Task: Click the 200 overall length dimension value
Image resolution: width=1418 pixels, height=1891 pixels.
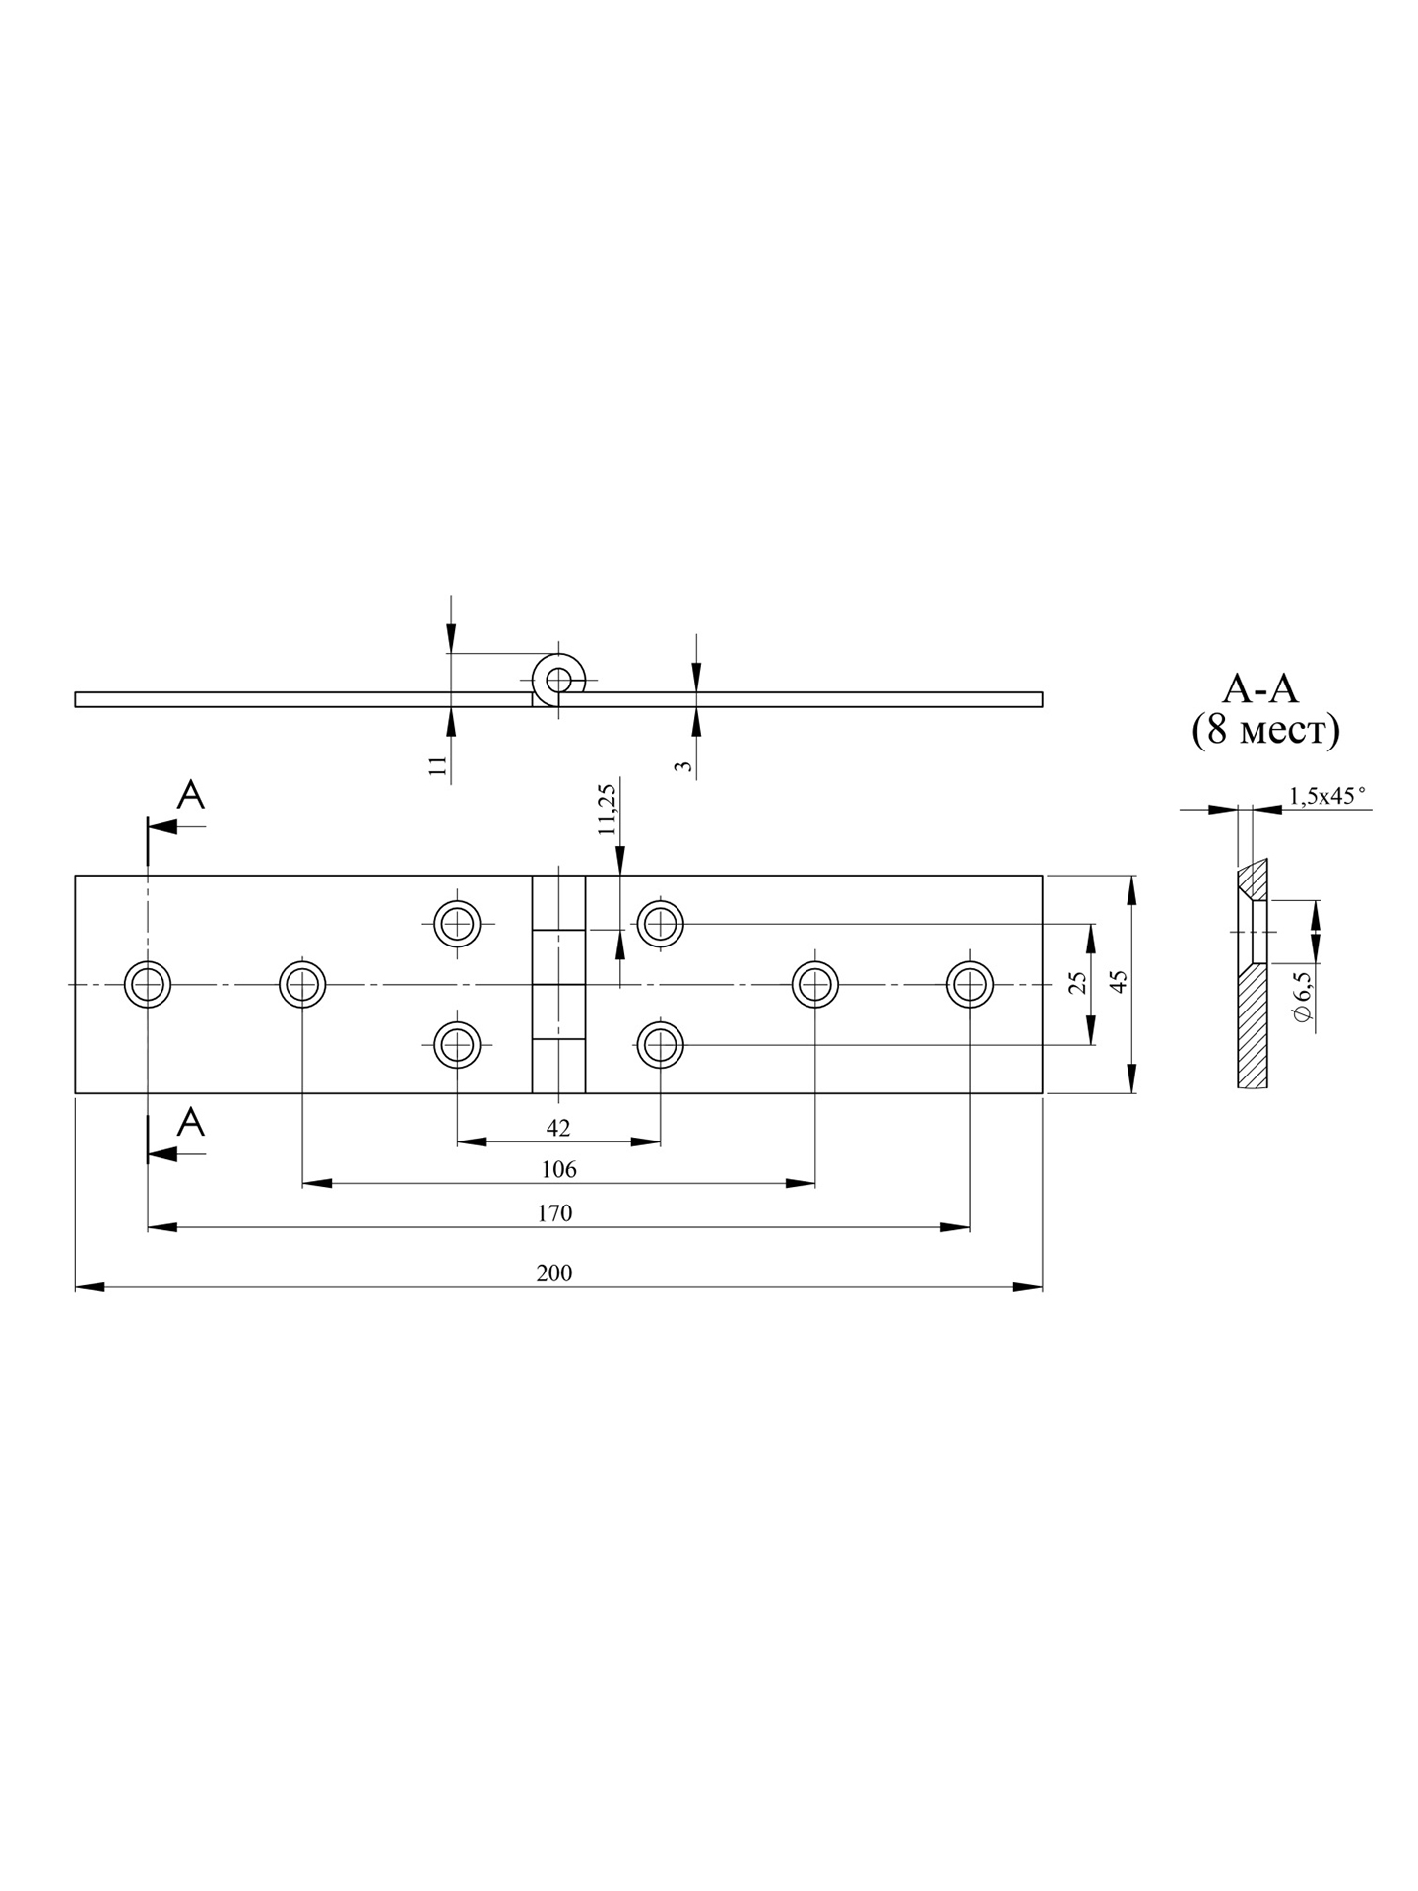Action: (x=554, y=1272)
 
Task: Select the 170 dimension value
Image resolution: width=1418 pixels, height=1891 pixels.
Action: (x=554, y=1212)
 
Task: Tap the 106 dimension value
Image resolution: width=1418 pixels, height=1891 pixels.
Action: (x=558, y=1169)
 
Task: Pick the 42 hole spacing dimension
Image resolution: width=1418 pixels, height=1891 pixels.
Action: (x=557, y=1128)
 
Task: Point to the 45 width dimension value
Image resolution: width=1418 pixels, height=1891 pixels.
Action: (x=1119, y=982)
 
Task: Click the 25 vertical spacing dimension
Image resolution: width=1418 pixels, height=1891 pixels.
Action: (x=1078, y=982)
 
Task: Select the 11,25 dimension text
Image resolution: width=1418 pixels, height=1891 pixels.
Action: (x=607, y=809)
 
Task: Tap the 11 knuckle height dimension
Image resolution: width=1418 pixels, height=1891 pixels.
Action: (x=439, y=765)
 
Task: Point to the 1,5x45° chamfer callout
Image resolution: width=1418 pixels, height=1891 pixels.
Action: (x=1327, y=796)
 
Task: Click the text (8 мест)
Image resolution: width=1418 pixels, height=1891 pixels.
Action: (x=1265, y=730)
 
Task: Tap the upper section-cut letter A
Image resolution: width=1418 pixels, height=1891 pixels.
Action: (x=191, y=795)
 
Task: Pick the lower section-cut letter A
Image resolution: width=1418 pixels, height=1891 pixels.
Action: (x=191, y=1122)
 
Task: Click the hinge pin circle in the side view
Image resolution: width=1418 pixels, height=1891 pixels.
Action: (x=558, y=679)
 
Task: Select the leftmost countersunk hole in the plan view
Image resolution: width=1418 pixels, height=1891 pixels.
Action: (x=148, y=984)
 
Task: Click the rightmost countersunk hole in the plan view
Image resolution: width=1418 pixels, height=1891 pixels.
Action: (x=970, y=984)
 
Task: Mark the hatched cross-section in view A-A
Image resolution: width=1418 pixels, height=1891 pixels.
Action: (x=1253, y=1029)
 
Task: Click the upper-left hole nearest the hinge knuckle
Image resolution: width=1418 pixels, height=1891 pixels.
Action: (x=458, y=924)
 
